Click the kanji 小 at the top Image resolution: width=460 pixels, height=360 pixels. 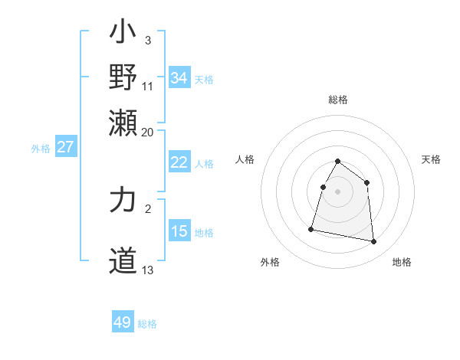coord(123,34)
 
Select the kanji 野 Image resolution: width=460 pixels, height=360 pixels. coord(123,77)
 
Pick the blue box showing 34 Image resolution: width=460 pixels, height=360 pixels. coord(179,78)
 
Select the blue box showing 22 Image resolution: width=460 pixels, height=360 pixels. coord(179,162)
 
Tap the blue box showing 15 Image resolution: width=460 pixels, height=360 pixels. coord(179,231)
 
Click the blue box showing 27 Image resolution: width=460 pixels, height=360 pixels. coord(65,147)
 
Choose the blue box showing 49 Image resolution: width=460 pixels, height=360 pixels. coord(123,322)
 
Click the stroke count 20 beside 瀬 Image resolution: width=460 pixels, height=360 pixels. coord(148,132)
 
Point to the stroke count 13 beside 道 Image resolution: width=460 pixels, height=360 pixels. coord(148,270)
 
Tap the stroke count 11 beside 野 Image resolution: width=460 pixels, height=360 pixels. coord(148,86)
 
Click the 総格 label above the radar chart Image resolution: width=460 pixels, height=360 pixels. coord(338,100)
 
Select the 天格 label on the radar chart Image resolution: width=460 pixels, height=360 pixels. coord(431,159)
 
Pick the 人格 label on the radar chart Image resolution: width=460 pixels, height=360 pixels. coord(245,159)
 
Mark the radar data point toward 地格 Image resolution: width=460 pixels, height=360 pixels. coord(374,242)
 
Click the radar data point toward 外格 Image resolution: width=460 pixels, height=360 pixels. coord(311,228)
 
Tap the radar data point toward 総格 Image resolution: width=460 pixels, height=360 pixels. coord(338,162)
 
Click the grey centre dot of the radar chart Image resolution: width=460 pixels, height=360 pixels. coord(338,191)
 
